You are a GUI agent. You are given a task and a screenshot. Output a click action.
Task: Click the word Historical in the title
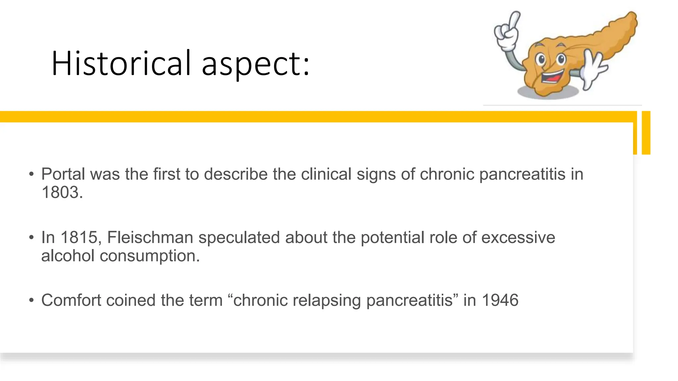point(121,63)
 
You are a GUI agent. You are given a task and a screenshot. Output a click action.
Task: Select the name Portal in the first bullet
point(63,174)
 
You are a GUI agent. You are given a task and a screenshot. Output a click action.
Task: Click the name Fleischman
point(150,237)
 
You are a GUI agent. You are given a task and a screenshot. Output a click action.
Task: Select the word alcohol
point(68,256)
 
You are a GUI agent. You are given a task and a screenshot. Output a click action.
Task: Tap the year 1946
point(500,300)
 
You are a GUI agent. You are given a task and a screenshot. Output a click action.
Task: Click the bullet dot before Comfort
point(31,300)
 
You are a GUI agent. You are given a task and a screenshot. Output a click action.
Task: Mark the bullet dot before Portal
point(31,174)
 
